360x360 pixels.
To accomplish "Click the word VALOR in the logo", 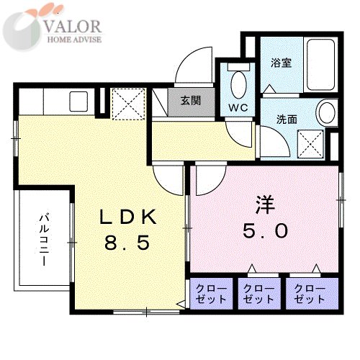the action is tap(73, 26).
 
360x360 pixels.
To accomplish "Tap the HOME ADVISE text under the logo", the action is tap(74, 40).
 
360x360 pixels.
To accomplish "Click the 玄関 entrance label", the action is tap(191, 101).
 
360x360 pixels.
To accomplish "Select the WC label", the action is tap(238, 108).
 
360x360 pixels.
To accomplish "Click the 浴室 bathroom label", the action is tap(282, 63).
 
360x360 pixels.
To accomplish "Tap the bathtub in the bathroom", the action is tap(321, 64).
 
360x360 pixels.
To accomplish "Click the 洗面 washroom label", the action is tap(287, 120).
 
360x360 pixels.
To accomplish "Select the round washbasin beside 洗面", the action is tap(327, 113).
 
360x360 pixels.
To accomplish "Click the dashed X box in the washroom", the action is tap(310, 144).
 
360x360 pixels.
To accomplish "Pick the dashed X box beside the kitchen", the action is tap(129, 104).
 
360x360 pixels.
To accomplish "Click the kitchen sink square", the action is tap(78, 102).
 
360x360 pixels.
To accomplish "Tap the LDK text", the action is tap(128, 217).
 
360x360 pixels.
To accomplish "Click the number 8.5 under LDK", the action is tap(127, 242).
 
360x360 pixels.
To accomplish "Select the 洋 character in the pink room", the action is tap(265, 204).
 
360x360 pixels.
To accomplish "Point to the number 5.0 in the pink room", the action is tap(265, 230).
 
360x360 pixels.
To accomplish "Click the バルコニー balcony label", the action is tap(44, 240).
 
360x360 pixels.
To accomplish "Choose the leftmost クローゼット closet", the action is tap(211, 294).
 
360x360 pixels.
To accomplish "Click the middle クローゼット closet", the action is tap(259, 294).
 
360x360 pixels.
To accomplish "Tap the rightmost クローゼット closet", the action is tap(312, 294).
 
